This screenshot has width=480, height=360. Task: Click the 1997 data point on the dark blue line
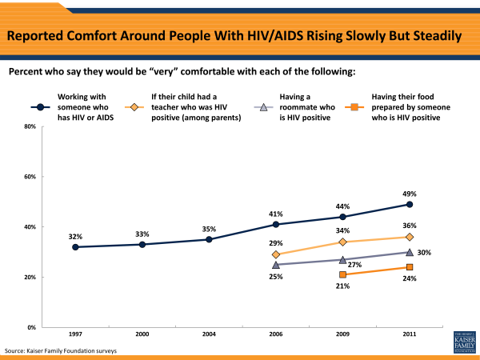click(75, 247)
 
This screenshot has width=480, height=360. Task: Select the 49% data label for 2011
click(409, 194)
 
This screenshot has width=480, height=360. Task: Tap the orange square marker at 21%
click(342, 274)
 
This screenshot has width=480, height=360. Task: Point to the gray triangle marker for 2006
click(276, 265)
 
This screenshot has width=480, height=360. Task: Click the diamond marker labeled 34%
click(342, 242)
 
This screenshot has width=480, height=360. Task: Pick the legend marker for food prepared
click(353, 106)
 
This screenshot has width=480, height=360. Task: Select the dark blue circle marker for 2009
click(342, 217)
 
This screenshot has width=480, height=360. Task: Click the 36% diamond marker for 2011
click(409, 237)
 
